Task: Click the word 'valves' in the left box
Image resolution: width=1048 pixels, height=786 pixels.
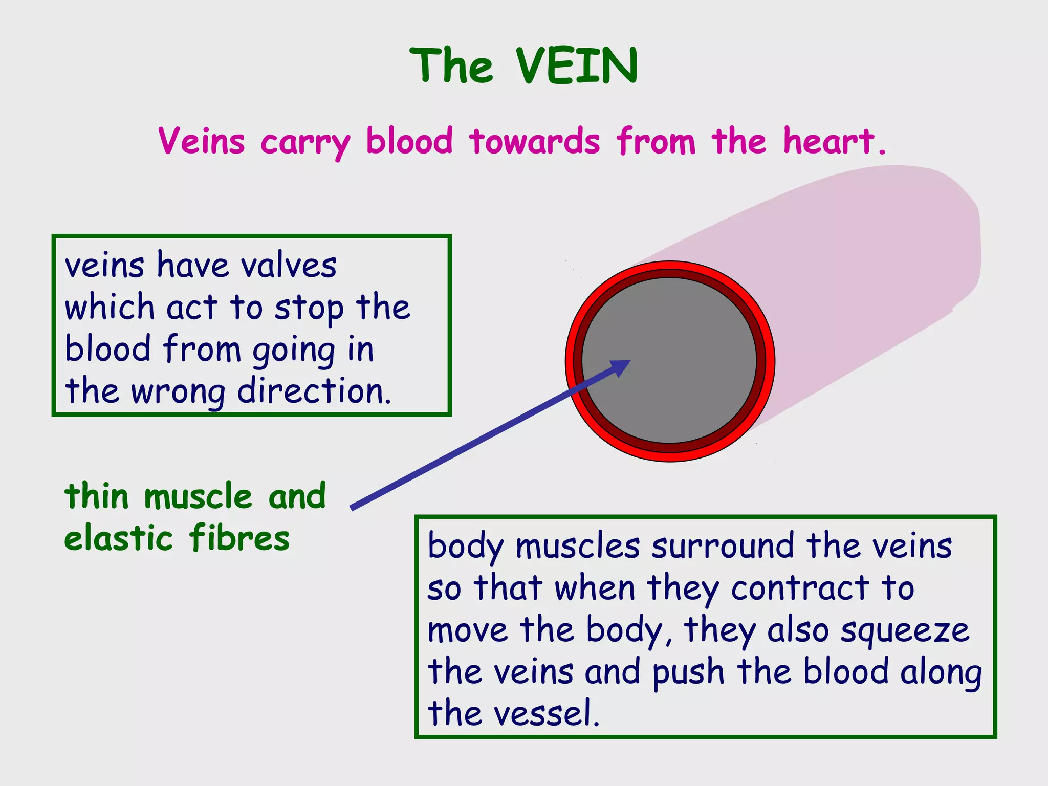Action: (289, 266)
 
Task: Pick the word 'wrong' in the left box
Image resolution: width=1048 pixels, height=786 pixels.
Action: (178, 392)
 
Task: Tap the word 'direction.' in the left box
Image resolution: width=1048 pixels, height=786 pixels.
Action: (314, 391)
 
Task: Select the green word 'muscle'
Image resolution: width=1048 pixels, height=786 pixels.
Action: (199, 496)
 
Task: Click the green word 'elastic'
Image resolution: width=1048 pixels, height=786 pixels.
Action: (119, 538)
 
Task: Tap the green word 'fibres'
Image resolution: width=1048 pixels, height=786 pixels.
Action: (239, 538)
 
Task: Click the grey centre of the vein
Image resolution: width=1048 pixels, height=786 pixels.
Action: (681, 353)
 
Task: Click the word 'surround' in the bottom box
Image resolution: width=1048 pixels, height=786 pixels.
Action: (723, 546)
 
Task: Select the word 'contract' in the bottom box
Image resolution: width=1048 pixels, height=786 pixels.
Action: (800, 588)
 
